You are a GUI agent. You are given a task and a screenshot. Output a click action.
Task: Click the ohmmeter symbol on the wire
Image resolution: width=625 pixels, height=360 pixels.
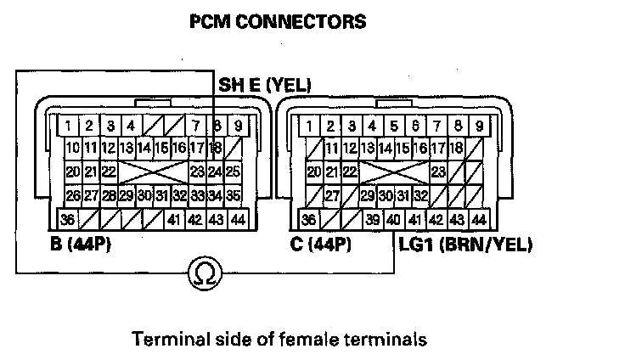pos(204,274)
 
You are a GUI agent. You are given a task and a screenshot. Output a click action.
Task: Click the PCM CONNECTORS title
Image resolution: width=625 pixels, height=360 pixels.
pos(278,22)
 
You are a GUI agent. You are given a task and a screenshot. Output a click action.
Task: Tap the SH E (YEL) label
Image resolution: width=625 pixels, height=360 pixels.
pos(265,85)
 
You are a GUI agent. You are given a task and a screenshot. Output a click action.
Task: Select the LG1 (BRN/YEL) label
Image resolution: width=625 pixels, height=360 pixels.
pos(465,245)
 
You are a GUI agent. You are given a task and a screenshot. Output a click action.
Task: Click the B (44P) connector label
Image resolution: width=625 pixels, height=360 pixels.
pos(82,245)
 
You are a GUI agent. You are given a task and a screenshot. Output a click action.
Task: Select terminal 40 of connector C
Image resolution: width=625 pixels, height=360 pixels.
pos(393,220)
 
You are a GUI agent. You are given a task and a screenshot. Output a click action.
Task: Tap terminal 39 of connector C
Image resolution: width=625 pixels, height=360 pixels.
pos(372,220)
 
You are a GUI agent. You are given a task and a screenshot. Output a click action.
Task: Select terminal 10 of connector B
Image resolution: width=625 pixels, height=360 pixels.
pos(73,148)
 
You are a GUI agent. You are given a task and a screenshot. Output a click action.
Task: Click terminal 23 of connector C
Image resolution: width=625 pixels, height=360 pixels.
pos(439,172)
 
